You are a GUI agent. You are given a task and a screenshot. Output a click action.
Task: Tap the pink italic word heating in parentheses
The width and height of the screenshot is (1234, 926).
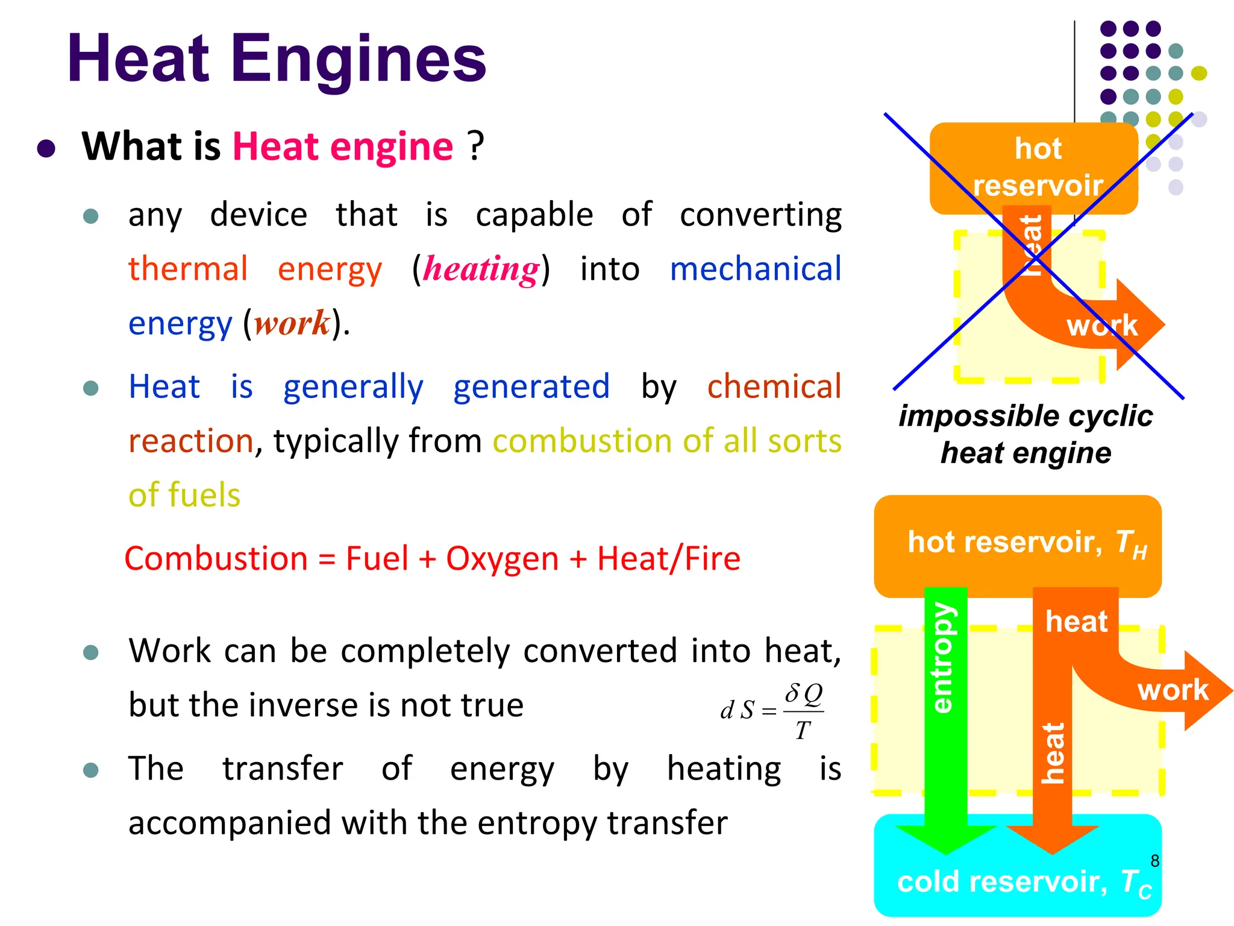480,269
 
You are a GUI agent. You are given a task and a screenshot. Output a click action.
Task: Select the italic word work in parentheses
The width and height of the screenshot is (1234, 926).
292,323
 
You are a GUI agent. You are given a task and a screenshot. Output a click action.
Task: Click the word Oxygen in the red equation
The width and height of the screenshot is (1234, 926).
502,558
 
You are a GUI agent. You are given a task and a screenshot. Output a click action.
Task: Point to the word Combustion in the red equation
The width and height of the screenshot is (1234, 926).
216,558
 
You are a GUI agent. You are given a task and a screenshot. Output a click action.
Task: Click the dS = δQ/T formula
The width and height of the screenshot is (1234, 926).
772,710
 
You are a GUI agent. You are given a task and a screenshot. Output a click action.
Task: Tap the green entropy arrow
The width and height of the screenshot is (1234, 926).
945,711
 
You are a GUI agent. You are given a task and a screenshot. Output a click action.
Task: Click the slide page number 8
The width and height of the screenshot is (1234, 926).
1154,861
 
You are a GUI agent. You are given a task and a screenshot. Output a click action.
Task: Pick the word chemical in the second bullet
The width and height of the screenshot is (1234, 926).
774,386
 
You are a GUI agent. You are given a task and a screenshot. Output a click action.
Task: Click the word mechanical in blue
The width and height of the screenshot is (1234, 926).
755,269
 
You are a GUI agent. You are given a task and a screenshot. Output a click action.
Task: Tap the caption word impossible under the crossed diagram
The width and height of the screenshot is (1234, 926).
964,416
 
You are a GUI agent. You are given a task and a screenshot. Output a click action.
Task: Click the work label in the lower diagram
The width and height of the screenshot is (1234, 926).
1173,690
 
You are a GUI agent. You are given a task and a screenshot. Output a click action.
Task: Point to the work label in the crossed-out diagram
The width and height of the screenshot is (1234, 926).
1102,326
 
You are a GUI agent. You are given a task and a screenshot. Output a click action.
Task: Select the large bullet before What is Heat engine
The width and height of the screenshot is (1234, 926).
46,148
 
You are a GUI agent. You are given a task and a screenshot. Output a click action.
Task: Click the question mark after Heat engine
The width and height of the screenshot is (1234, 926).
476,146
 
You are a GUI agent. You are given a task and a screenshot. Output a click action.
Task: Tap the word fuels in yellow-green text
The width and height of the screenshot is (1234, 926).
205,495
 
